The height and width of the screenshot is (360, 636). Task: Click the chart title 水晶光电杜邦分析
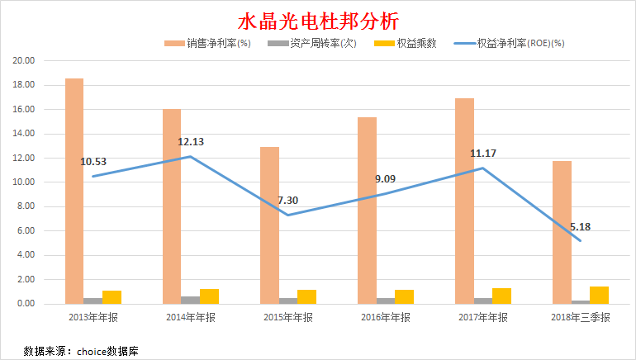pyautogui.click(x=318, y=20)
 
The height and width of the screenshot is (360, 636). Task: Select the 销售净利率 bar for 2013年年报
pyautogui.click(x=74, y=191)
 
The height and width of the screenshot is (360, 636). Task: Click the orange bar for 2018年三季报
pyautogui.click(x=562, y=232)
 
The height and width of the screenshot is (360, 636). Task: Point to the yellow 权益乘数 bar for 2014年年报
pyautogui.click(x=210, y=296)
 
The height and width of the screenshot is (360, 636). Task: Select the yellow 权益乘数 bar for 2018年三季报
pyautogui.click(x=599, y=295)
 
